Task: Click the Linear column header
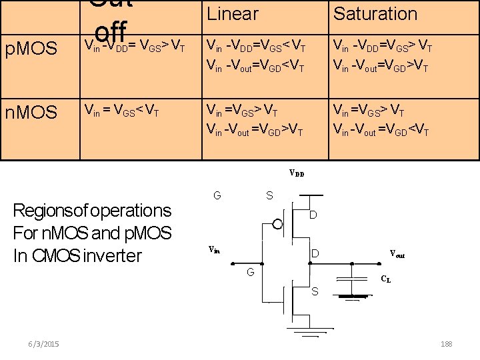coord(232,13)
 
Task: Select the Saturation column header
coord(375,13)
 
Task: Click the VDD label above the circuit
coord(297,173)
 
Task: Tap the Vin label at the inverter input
coord(214,250)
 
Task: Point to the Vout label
coord(397,255)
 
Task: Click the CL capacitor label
coord(386,281)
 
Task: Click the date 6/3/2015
coord(44,343)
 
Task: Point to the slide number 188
coord(446,343)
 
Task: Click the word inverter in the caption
coord(111,255)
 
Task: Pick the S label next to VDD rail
coord(269,195)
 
